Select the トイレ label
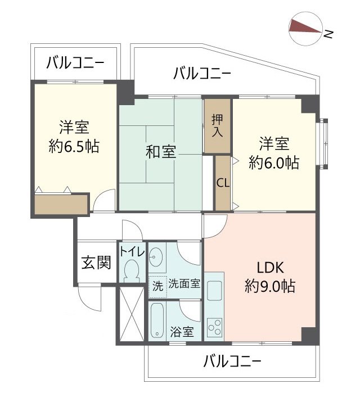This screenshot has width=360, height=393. click(x=132, y=251)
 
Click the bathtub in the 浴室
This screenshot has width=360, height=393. click(x=157, y=321)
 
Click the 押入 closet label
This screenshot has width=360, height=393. click(x=217, y=126)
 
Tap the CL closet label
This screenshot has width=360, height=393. click(x=222, y=183)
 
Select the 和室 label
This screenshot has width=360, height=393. click(x=161, y=152)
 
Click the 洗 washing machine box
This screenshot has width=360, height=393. click(x=158, y=286)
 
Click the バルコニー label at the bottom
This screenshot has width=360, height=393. click(x=232, y=360)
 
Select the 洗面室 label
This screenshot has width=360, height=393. click(x=184, y=283)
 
